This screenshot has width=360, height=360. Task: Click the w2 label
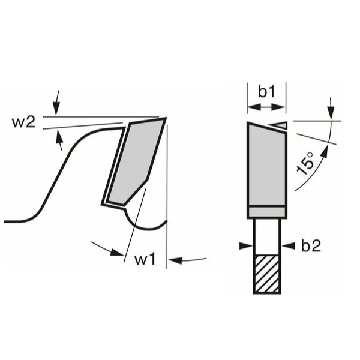23,122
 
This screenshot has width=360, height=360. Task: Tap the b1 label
266,91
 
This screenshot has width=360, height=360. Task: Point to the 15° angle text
307,163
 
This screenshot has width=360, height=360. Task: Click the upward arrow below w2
58,140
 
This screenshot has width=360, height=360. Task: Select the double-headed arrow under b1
266,108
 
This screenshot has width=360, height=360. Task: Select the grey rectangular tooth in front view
266,165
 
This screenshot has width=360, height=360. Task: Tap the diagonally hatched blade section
266,274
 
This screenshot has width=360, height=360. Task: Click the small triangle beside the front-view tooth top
279,125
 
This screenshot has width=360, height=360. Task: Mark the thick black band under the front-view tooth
266,212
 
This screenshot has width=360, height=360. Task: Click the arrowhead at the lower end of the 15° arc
322,154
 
